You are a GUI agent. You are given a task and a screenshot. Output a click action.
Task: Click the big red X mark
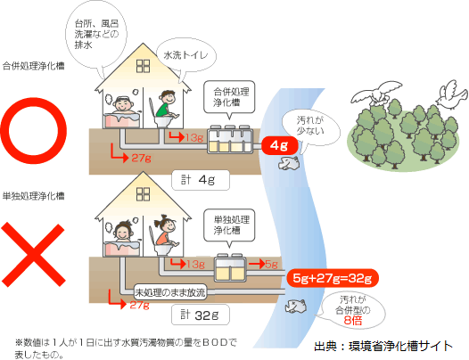[x=33, y=255]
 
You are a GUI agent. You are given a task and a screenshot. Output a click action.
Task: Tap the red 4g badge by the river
[x=280, y=145]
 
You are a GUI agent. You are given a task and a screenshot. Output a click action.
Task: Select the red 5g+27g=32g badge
[x=332, y=278]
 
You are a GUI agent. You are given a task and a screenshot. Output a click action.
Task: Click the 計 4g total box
[x=201, y=180]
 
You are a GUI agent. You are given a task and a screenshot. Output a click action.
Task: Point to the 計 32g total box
[x=201, y=315]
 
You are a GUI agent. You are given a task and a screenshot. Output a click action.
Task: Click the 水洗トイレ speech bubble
[x=186, y=56]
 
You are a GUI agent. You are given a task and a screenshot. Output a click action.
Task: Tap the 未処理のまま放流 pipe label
[x=170, y=292]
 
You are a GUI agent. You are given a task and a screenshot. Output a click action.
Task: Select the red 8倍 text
[x=353, y=321]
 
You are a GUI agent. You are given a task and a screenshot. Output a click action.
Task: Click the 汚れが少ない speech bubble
[x=311, y=127]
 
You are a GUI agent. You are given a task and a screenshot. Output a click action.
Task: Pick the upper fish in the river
[x=289, y=163]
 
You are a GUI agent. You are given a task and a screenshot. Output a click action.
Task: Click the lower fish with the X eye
[x=296, y=306]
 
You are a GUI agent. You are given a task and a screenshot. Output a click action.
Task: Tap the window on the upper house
[x=143, y=66]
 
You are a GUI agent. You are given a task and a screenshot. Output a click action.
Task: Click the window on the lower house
[x=143, y=194]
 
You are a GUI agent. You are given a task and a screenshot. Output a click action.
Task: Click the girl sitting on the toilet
[x=167, y=232]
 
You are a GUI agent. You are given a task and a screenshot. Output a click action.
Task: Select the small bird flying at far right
[x=451, y=92]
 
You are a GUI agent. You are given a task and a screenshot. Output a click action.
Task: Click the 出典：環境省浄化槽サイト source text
[x=383, y=346]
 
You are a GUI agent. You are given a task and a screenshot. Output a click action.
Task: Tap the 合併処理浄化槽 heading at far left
[x=33, y=66]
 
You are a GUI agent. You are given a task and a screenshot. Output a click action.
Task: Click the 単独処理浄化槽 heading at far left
[x=33, y=196]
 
